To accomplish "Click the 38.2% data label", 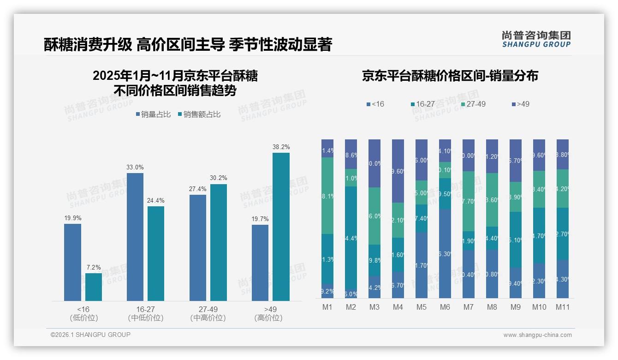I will click(281, 147).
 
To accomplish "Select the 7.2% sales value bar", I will click(94, 287).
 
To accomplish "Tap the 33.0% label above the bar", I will click(135, 167).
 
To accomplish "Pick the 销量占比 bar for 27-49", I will click(198, 248).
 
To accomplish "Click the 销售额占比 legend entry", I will click(199, 114).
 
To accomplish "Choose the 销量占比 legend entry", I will click(152, 114).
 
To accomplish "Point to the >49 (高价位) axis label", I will click(268, 313).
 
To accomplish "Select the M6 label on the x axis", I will click(445, 307).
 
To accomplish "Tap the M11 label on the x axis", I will click(562, 307).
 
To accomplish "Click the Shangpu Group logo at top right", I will click(536, 39).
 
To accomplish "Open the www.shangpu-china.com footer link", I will click(537, 335).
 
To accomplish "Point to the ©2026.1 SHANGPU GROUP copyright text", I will click(90, 335).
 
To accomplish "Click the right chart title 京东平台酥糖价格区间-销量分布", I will click(450, 76).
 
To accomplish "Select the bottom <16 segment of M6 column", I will click(445, 254).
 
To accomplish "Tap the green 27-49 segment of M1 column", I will click(327, 196).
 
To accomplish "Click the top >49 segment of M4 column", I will click(398, 171).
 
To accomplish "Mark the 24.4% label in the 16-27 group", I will click(156, 200).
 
